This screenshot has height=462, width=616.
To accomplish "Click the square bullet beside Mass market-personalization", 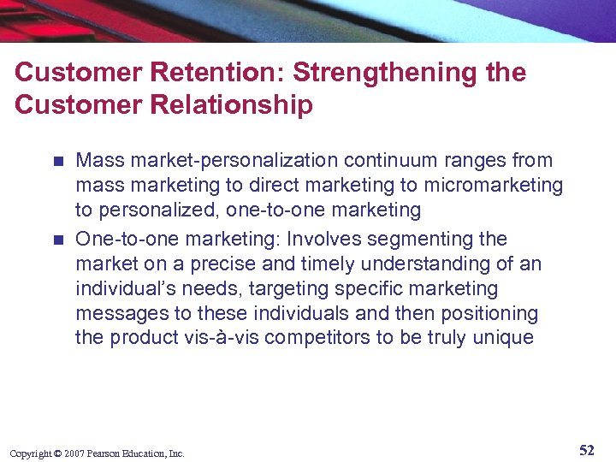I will [x=57, y=161].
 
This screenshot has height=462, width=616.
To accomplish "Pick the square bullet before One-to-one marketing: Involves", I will [x=57, y=240].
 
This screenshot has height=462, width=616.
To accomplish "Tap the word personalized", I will [x=151, y=210].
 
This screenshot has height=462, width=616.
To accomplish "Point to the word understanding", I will [x=418, y=264].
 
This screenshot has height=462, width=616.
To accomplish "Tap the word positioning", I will [x=489, y=313].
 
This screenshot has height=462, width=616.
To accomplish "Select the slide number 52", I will [x=586, y=450].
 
